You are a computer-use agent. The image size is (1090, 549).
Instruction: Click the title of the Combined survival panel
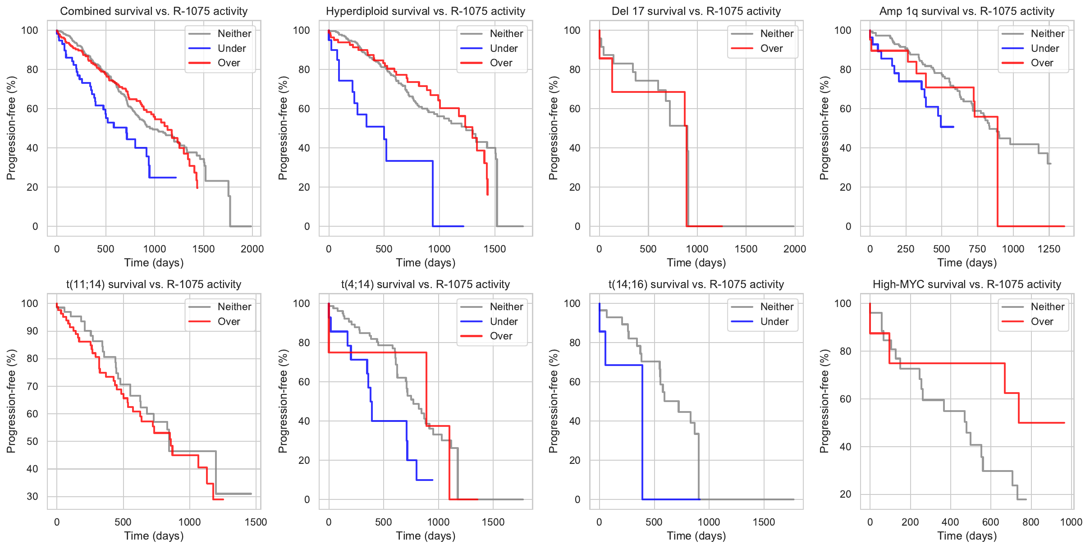pyautogui.click(x=154, y=11)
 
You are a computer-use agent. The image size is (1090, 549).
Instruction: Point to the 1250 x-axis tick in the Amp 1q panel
pyautogui.click(x=1049, y=249)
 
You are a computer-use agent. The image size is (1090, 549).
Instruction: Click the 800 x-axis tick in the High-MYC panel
pyautogui.click(x=1030, y=522)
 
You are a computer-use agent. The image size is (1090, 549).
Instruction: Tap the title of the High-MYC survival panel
pyautogui.click(x=967, y=284)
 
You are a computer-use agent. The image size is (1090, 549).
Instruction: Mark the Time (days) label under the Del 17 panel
pyautogui.click(x=696, y=262)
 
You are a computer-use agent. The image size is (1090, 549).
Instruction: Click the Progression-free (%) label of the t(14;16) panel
pyautogui.click(x=553, y=401)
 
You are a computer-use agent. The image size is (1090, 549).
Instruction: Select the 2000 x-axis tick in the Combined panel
pyautogui.click(x=252, y=249)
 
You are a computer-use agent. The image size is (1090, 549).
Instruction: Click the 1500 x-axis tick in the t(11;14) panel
pyautogui.click(x=256, y=522)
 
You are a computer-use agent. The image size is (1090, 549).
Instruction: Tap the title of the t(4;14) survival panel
pyautogui.click(x=425, y=284)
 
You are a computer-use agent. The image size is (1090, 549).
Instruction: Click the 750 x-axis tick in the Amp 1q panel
pyautogui.click(x=977, y=249)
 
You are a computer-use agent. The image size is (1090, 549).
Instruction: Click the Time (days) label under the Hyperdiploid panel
pyautogui.click(x=425, y=262)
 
